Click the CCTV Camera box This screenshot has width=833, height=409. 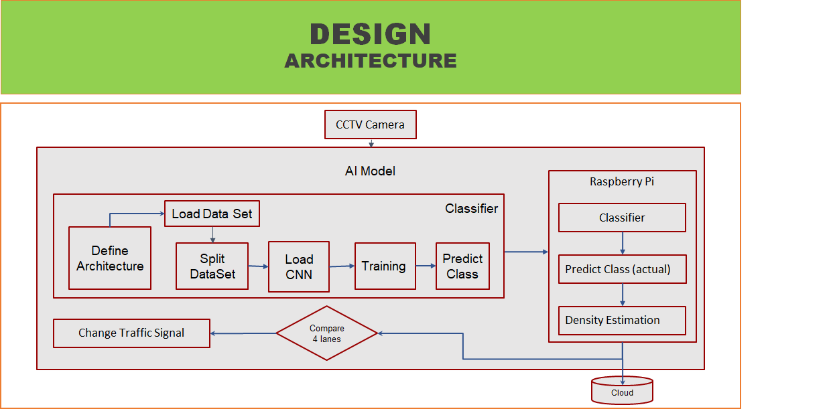click(371, 125)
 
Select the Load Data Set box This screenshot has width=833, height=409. click(212, 214)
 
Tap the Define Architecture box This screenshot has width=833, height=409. click(110, 258)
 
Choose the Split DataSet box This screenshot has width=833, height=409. click(212, 266)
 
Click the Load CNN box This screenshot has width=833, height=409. click(299, 266)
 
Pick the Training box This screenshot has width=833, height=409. click(385, 266)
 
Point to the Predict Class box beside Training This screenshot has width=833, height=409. click(462, 266)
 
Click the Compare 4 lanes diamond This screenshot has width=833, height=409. click(326, 333)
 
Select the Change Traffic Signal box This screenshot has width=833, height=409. click(131, 333)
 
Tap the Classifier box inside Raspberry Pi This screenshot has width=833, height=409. click(622, 218)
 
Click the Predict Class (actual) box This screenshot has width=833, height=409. click(622, 269)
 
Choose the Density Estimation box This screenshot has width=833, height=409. click(622, 320)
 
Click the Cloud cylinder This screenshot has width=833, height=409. click(622, 390)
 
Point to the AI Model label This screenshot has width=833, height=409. click(370, 171)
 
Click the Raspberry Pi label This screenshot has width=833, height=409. click(622, 181)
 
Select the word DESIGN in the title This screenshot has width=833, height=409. click(371, 34)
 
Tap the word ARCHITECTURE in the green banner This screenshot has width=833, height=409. click(371, 61)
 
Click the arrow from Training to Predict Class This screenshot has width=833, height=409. click(426, 266)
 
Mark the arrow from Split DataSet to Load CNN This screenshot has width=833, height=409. click(259, 266)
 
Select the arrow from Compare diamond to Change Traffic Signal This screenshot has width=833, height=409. click(243, 333)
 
